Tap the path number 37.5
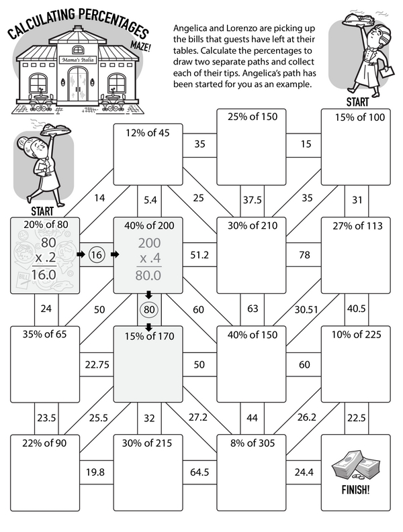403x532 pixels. pos(251,199)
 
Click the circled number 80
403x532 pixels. pos(148,310)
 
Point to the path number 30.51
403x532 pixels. pos(305,309)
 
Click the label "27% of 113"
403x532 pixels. pos(355,225)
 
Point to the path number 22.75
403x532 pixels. pos(96,364)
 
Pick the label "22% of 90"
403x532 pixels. pos(44,443)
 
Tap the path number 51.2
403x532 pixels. pos(200,255)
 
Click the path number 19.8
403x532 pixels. pos(95,472)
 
